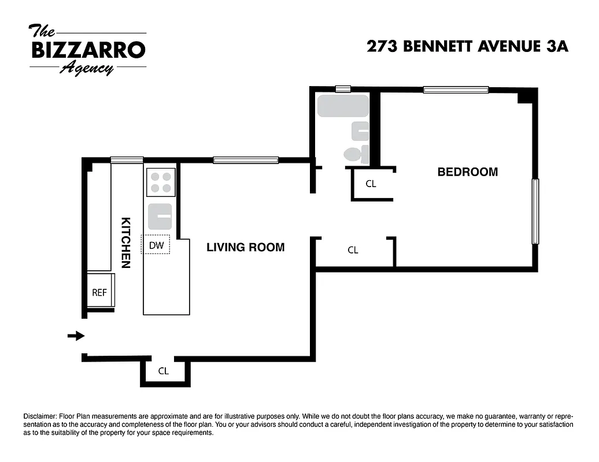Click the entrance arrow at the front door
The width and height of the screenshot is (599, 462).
coord(76,336)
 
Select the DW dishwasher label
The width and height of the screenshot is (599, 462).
coord(157,245)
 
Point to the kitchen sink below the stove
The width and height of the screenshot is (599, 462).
coord(161,215)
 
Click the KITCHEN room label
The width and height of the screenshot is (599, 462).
coord(125,243)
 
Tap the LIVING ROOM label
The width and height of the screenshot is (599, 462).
coord(246,247)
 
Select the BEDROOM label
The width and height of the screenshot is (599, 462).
coord(467,172)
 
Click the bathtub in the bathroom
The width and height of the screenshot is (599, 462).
coord(343,106)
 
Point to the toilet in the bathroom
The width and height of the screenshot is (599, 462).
coord(353,154)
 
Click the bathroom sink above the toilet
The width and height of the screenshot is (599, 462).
coord(360,132)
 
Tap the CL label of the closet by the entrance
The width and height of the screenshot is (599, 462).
coord(164,371)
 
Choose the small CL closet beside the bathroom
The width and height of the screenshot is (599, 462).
coord(371,184)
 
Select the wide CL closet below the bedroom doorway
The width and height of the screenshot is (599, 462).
coord(353,250)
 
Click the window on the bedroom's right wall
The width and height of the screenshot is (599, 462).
coord(535,211)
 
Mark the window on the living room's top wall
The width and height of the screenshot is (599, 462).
coord(246,160)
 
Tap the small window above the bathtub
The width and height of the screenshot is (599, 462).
coord(343,89)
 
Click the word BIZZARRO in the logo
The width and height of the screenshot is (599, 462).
coord(88,50)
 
